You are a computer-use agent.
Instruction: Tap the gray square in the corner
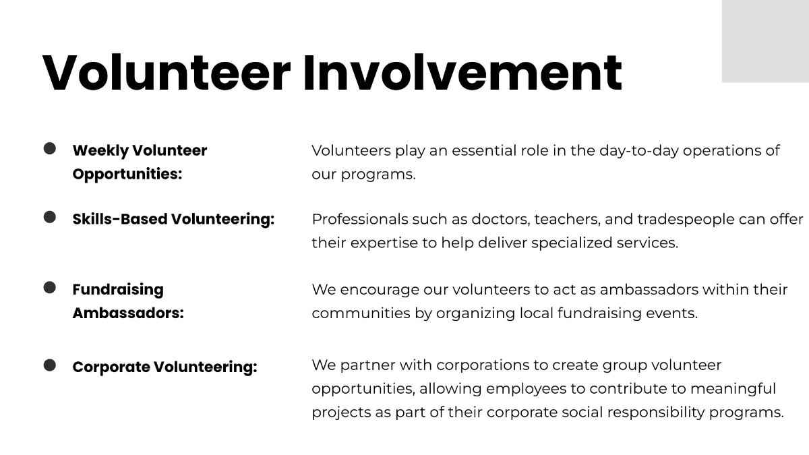(x=765, y=40)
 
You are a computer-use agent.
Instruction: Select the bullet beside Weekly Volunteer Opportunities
(x=50, y=148)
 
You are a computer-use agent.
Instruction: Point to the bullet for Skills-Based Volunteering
(x=50, y=217)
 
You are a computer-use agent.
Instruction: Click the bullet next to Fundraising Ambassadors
(x=50, y=288)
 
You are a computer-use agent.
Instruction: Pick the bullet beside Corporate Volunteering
(x=50, y=365)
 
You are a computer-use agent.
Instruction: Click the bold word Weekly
(x=100, y=150)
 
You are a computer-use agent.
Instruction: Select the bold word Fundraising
(x=118, y=289)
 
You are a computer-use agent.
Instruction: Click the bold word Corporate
(x=111, y=367)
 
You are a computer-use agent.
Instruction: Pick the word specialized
(x=572, y=243)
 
